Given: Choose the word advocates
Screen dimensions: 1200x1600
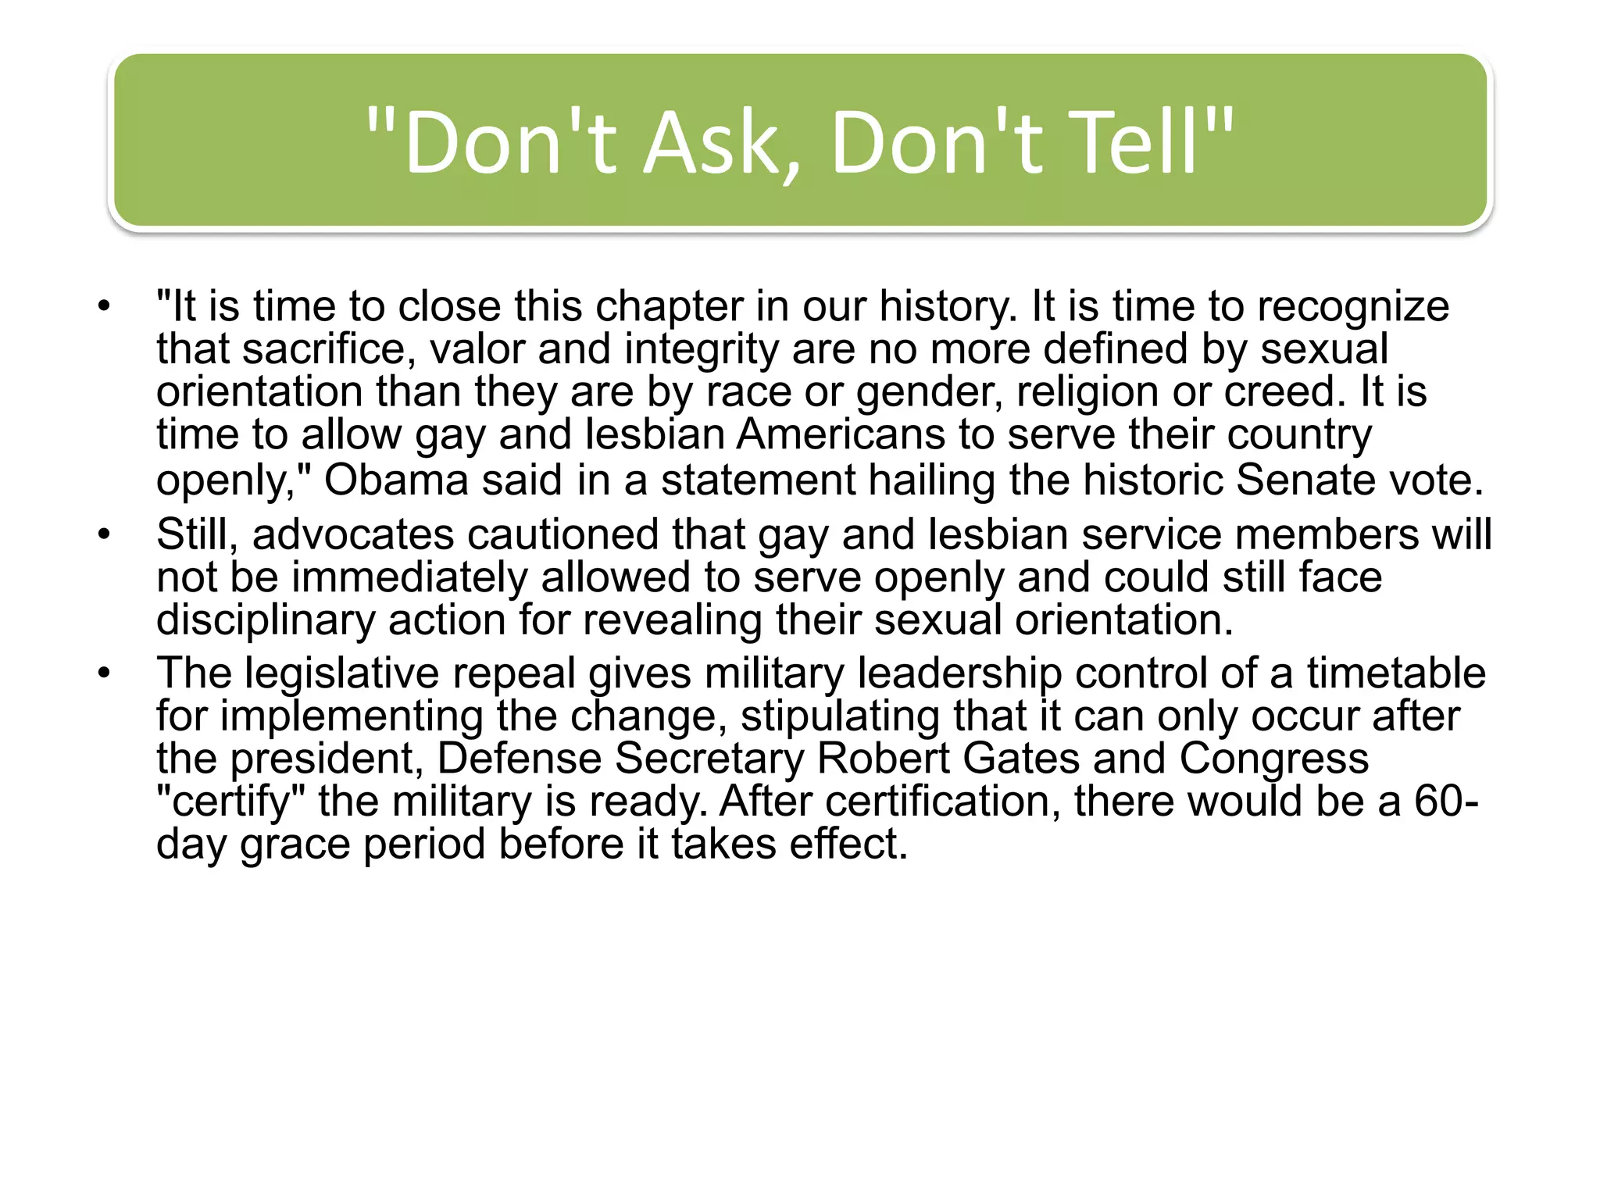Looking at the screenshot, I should click(x=353, y=535).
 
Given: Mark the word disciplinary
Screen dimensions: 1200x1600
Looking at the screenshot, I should click(x=266, y=620).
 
